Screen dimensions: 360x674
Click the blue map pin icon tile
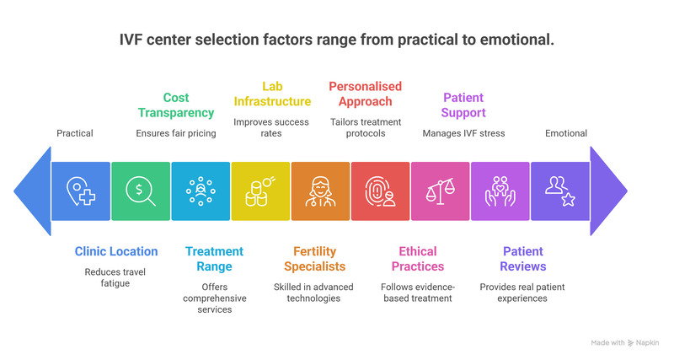point(80,191)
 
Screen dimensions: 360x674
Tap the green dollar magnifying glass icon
point(140,191)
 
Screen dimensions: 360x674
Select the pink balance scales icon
point(440,191)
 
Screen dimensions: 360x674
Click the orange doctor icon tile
point(320,191)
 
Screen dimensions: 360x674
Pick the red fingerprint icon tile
point(380,191)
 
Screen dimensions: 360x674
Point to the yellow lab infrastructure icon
point(260,191)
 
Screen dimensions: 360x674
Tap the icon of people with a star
point(559,191)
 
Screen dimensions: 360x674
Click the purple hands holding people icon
point(500,191)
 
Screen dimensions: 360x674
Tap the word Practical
point(76,133)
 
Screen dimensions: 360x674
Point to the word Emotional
point(566,133)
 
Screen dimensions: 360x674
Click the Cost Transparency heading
point(176,106)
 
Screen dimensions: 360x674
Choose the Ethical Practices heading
point(418,259)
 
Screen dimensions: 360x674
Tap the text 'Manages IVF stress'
point(463,133)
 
